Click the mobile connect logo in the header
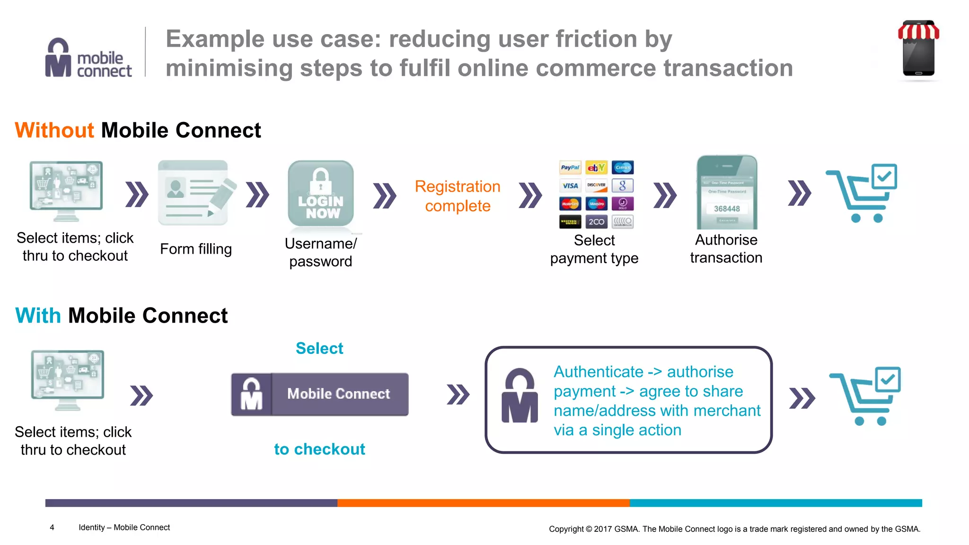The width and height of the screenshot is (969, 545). pos(88,58)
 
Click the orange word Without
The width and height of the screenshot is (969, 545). pos(54,130)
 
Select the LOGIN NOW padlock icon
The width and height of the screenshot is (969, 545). pos(321,194)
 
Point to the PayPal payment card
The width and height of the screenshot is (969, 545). pos(570,167)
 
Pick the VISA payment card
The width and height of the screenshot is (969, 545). pos(570,185)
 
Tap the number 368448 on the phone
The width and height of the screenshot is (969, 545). pos(727,209)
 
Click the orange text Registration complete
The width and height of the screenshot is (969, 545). pos(458,196)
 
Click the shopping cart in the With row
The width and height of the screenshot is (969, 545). pos(865,396)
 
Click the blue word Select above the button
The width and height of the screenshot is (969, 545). pos(319,348)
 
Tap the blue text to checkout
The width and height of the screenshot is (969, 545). pos(319,449)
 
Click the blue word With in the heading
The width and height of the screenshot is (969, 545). pos(38,316)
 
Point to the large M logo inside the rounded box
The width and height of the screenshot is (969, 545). pos(520,396)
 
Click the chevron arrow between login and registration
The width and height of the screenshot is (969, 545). pos(385,195)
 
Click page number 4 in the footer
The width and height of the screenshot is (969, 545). pos(52,527)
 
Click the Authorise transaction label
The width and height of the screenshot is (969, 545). pos(726,249)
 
